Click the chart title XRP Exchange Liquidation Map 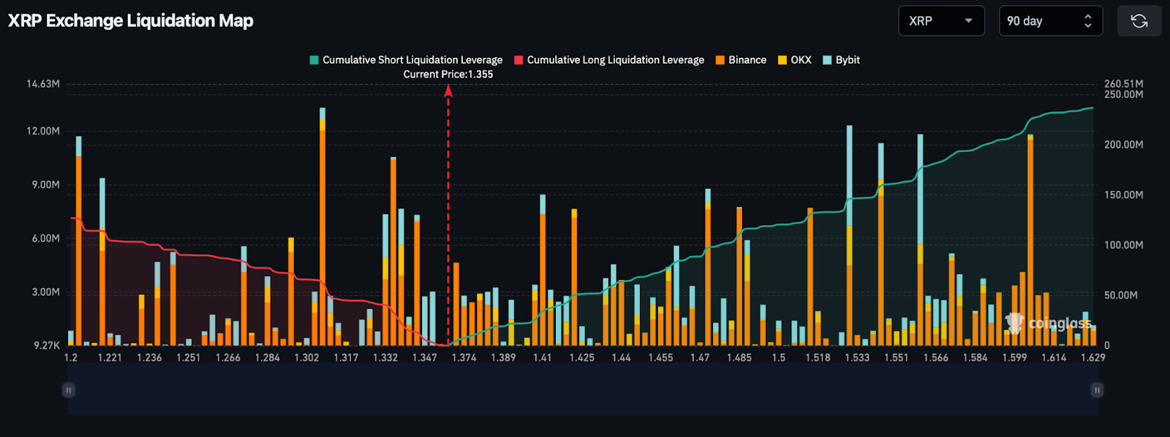click(131, 20)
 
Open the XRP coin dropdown click(941, 21)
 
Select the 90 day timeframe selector click(1050, 21)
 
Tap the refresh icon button click(1139, 21)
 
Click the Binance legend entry click(741, 60)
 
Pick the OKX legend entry click(794, 60)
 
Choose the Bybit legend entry click(841, 60)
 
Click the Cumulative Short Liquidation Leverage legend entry click(406, 60)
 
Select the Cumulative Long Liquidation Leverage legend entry click(609, 60)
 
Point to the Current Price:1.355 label click(448, 75)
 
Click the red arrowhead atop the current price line click(448, 91)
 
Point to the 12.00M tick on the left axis click(43, 131)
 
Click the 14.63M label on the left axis click(43, 84)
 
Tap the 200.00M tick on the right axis click(1123, 145)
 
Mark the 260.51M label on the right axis click(1123, 84)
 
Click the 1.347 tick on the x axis click(424, 357)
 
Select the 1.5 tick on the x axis click(779, 357)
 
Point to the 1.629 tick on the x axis click(1093, 357)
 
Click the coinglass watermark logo click(1049, 323)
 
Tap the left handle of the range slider click(69, 390)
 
